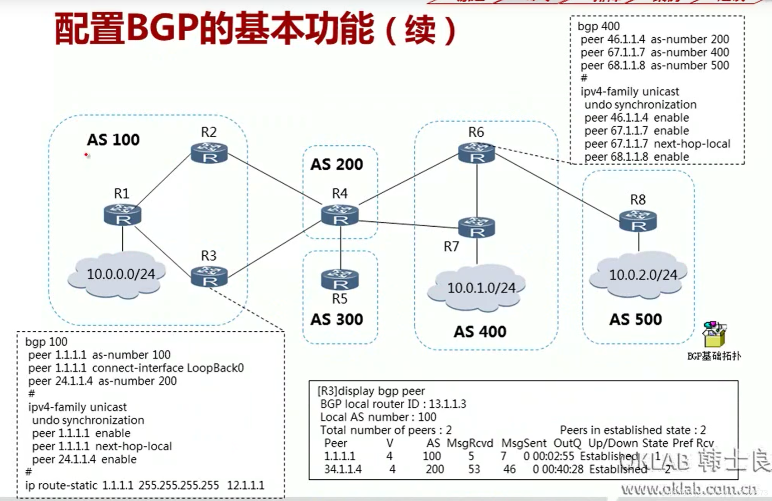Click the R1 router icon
[122, 215]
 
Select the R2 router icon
[209, 153]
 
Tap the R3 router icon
[209, 277]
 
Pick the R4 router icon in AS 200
[340, 215]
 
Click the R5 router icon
[340, 279]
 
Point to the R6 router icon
[476, 153]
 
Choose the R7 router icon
[476, 227]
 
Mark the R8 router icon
[638, 221]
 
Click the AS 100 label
[113, 140]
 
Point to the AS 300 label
[336, 320]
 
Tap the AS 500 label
[635, 320]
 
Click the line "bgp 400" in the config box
[599, 26]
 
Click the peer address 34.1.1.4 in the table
[343, 469]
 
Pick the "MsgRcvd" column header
[470, 443]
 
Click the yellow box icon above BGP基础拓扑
[714, 334]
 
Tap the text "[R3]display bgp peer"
[371, 391]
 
